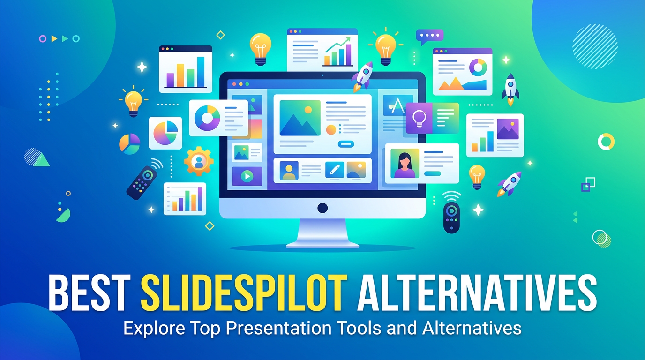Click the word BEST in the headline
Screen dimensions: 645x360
88,292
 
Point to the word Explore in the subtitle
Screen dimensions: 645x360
154,328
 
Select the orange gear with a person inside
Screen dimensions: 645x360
199,161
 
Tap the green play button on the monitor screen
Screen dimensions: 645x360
247,176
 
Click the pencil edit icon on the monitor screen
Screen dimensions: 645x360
334,169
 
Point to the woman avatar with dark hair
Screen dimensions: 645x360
405,164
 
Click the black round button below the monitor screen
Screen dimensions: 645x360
322,208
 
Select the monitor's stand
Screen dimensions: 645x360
322,233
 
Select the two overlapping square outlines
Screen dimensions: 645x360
588,184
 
